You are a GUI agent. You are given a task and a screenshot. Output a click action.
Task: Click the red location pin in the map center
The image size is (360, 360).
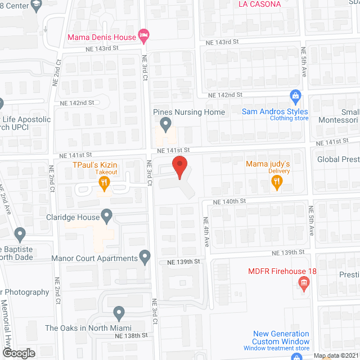(179, 168)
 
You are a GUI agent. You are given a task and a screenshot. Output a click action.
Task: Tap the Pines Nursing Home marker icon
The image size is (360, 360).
(165, 123)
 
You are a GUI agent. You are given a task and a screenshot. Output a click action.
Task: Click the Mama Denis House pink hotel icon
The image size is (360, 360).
(143, 37)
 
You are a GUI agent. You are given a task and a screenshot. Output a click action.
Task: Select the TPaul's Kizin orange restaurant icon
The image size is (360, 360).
(103, 182)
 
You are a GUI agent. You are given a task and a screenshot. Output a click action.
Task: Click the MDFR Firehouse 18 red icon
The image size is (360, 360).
(304, 283)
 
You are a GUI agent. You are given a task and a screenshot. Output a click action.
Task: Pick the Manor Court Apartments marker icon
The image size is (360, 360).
(145, 258)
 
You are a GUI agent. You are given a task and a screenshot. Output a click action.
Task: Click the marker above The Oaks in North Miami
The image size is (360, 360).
(119, 313)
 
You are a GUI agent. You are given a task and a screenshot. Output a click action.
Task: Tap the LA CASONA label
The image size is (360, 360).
(259, 4)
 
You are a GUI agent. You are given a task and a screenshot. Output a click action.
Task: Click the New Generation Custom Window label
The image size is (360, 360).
(281, 337)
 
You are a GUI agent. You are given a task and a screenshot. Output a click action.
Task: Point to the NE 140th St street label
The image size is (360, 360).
(229, 201)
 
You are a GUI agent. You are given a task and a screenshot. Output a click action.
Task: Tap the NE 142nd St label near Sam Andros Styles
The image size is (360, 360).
(224, 95)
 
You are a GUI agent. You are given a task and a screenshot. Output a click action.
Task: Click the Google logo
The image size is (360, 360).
(18, 353)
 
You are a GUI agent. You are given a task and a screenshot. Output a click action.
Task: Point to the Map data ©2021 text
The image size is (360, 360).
(336, 355)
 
